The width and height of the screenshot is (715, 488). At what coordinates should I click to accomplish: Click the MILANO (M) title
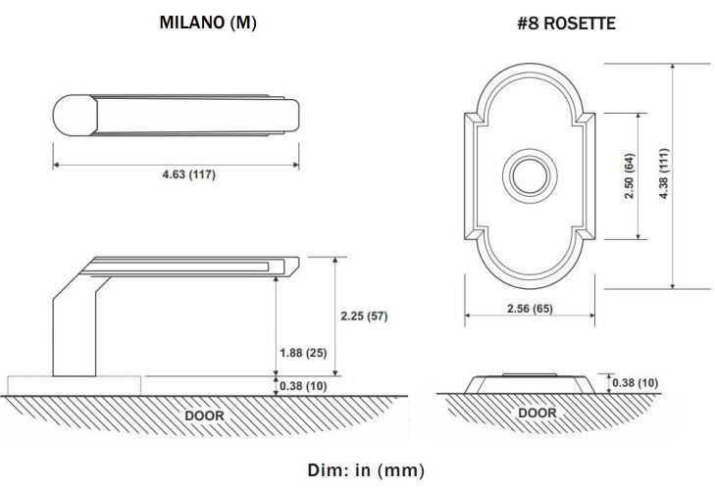point(208,23)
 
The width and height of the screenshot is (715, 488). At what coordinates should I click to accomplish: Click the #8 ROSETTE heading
point(566,24)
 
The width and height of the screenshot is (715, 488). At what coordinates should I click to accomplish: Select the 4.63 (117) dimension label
point(188,174)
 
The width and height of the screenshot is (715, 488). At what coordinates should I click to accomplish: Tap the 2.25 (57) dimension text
point(364,316)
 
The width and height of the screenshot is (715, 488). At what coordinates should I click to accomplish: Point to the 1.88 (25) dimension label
point(303,353)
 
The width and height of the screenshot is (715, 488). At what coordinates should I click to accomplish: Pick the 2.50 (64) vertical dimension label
point(630,175)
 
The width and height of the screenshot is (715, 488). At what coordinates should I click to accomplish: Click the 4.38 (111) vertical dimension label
point(664,173)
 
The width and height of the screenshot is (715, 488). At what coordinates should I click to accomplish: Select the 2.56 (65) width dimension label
point(530,309)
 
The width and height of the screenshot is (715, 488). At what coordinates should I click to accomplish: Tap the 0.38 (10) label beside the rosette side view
point(636,383)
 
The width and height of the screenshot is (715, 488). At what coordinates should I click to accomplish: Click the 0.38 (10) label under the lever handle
point(303,386)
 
